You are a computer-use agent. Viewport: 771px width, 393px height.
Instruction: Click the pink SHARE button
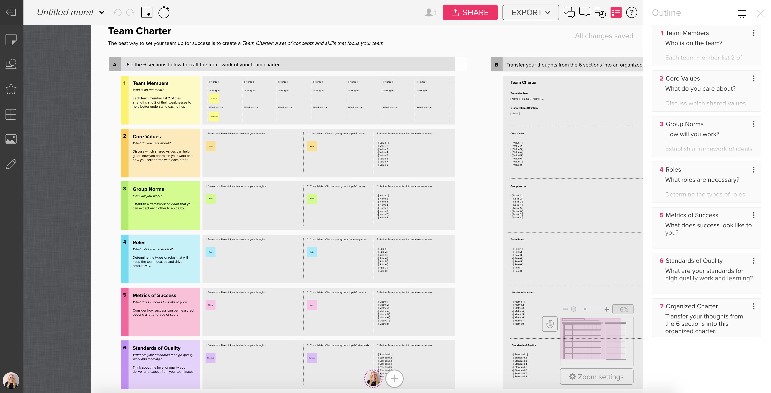[x=470, y=13]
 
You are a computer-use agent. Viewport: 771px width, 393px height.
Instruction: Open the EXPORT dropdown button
[x=530, y=13]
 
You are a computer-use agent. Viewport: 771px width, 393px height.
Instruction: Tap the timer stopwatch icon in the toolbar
[x=164, y=13]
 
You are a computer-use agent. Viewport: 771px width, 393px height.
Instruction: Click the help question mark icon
[x=631, y=13]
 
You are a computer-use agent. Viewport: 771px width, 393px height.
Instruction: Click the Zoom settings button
[x=597, y=376]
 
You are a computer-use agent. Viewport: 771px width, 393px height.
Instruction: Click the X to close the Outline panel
[x=760, y=14]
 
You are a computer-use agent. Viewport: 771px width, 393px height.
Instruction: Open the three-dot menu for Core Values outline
[x=753, y=78]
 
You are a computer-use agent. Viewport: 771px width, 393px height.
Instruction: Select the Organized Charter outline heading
[x=691, y=306]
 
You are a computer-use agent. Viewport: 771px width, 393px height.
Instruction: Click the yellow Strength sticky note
[x=214, y=98]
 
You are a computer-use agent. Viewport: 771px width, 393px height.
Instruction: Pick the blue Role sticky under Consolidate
[x=312, y=252]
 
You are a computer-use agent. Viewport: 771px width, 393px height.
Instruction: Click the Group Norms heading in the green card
[x=148, y=189]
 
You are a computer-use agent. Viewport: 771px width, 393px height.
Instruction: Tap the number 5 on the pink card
[x=125, y=295]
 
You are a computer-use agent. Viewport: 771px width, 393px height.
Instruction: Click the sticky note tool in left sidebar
[x=11, y=39]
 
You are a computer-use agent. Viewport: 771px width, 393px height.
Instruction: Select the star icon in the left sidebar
[x=11, y=89]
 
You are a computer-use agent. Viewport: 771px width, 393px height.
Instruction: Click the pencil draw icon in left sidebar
[x=11, y=164]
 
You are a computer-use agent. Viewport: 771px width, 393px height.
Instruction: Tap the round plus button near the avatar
[x=394, y=379]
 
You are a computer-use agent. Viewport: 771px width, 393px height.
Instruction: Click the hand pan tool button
[x=550, y=324]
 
